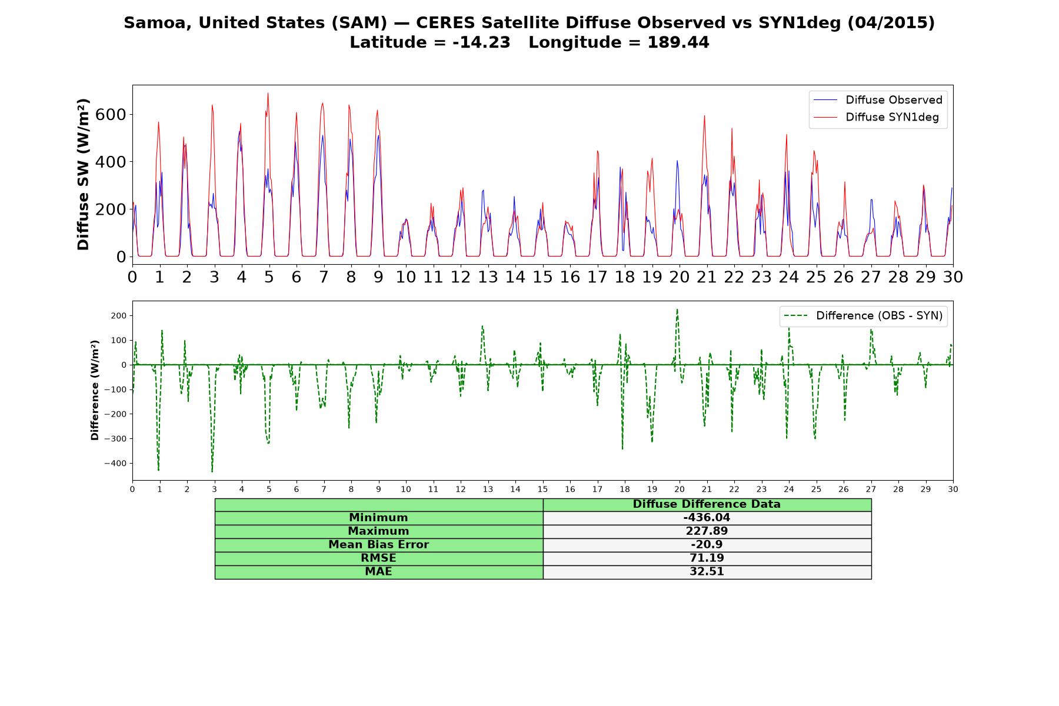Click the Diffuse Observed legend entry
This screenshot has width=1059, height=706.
tap(878, 100)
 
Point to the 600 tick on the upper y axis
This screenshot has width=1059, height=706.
tap(111, 114)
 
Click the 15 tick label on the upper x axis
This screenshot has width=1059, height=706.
tap(542, 277)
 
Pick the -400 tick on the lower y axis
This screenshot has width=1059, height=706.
tap(115, 464)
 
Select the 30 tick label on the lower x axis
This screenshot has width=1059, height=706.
tap(953, 489)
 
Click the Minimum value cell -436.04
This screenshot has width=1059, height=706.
tap(707, 518)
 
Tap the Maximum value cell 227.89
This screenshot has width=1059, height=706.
tap(707, 531)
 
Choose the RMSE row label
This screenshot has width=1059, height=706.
tap(378, 558)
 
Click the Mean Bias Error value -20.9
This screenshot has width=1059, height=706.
tap(707, 545)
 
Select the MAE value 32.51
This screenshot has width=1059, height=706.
tap(707, 572)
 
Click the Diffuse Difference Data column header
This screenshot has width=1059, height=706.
tap(707, 504)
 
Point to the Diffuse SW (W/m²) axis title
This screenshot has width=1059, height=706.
tap(84, 174)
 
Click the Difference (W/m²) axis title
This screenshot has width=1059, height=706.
tap(95, 391)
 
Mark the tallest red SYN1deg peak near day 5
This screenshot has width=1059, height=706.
tap(268, 93)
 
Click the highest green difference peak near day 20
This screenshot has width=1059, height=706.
tap(677, 309)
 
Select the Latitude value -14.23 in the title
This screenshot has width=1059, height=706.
tap(481, 42)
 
